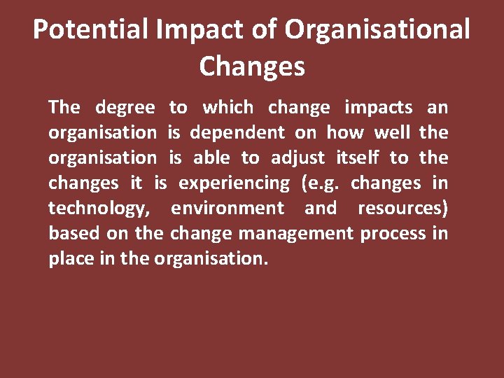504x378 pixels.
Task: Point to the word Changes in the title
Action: point(252,66)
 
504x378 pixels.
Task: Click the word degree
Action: point(125,107)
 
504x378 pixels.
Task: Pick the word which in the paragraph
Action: point(228,107)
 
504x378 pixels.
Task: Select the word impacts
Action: point(379,107)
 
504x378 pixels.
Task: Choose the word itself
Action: point(358,157)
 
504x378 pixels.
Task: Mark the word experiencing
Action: point(234,183)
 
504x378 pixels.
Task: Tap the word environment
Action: point(227,209)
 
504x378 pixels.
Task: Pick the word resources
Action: point(402,209)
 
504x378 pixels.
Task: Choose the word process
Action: point(393,234)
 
